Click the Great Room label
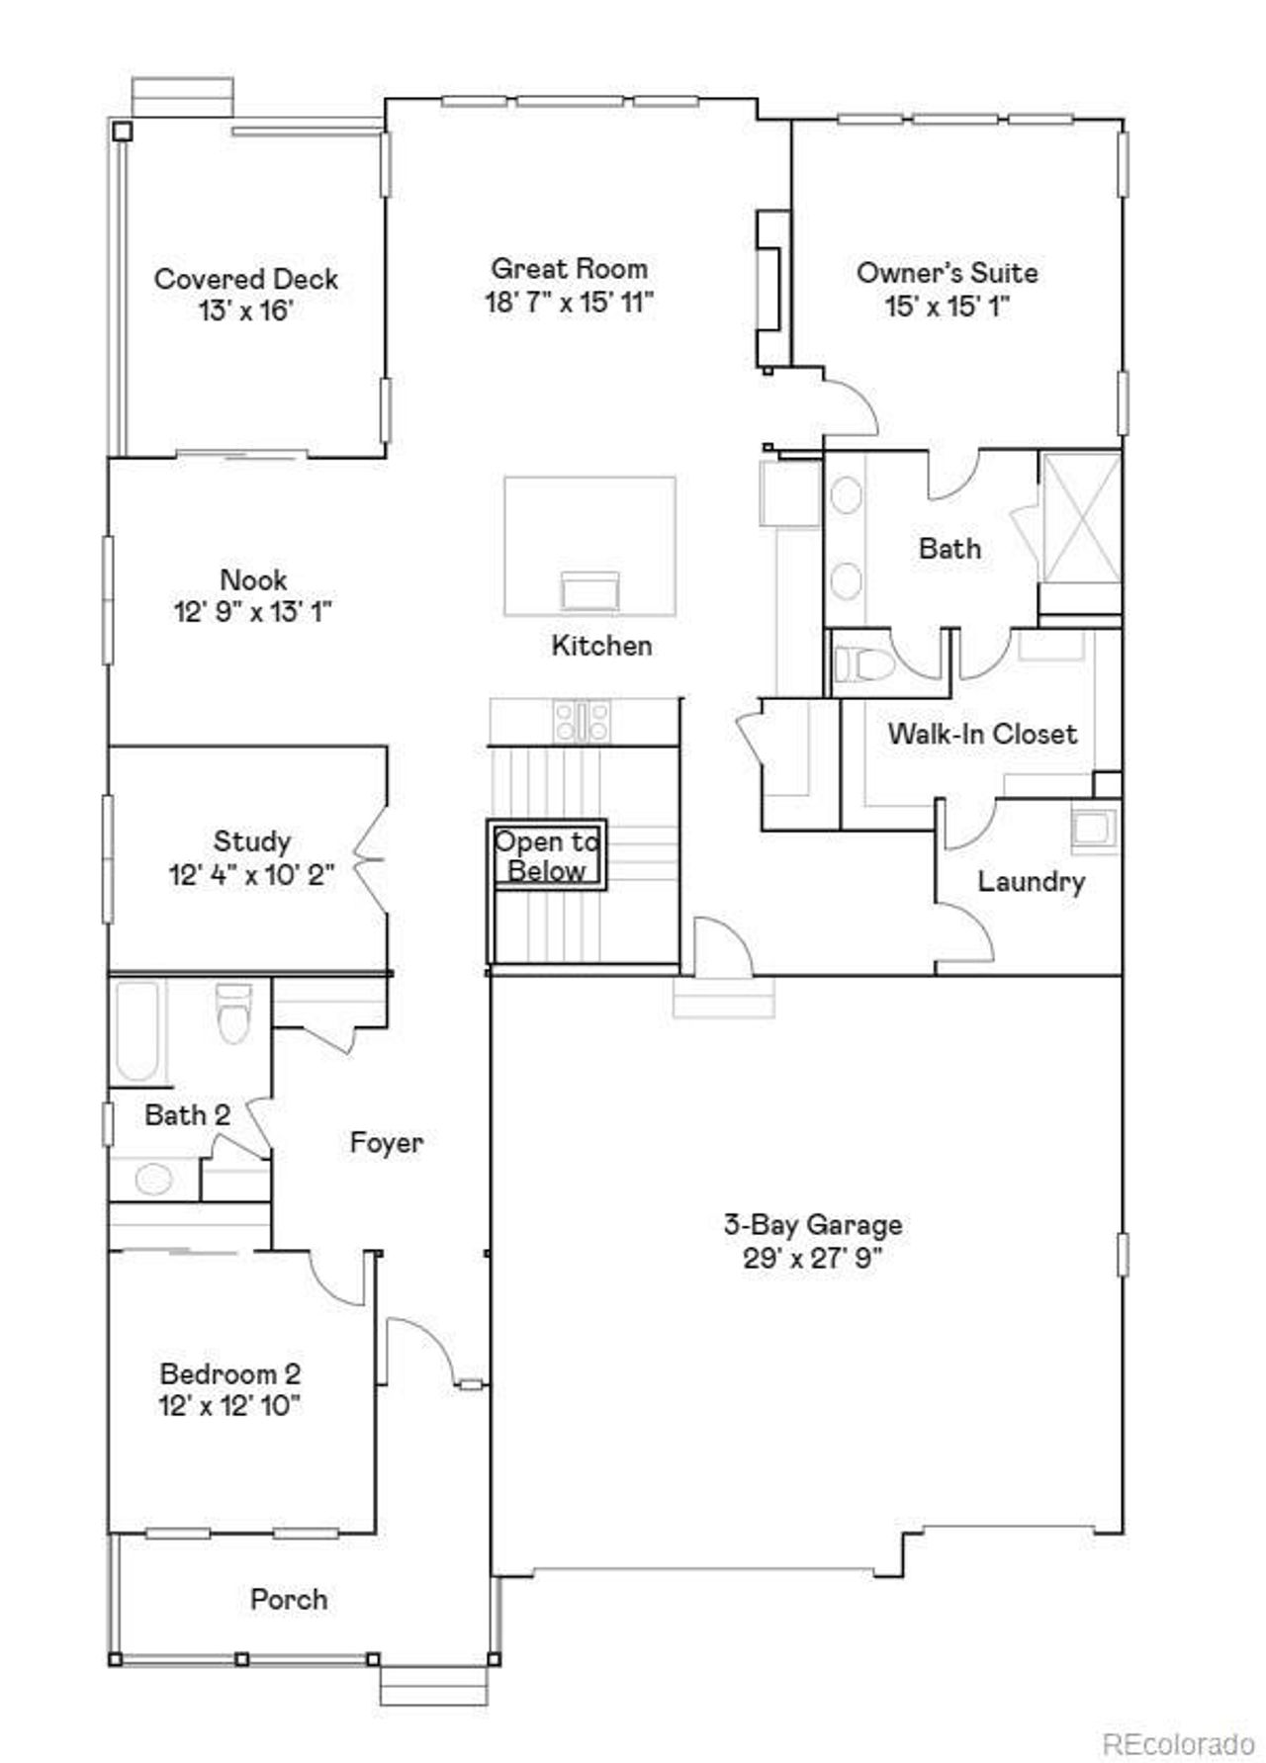[x=569, y=269]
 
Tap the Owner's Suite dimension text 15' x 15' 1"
[x=947, y=306]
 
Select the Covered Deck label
[x=245, y=279]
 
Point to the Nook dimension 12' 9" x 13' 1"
[x=252, y=612]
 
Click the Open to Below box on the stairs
[x=546, y=856]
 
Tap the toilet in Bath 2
[x=234, y=1014]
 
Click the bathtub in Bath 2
[x=136, y=1031]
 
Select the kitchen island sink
[x=589, y=591]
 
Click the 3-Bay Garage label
[x=812, y=1225]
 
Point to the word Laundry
[x=1031, y=881]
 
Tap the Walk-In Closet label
[x=981, y=734]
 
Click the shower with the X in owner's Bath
[x=1080, y=519]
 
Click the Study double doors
[x=372, y=859]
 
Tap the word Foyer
[x=386, y=1143]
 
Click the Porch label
[x=288, y=1599]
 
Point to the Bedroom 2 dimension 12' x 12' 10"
[x=229, y=1405]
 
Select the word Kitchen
[x=601, y=646]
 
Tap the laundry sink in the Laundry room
[x=1094, y=829]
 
